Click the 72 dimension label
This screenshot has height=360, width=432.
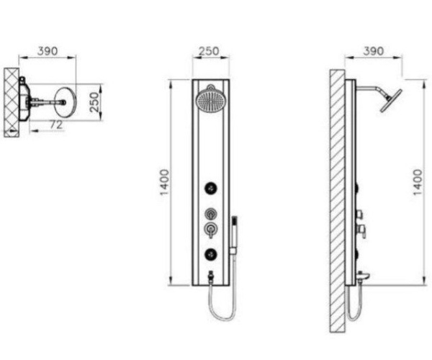coord(56,125)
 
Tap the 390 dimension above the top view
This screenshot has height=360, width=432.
coord(48,51)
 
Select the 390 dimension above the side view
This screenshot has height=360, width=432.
coord(373,51)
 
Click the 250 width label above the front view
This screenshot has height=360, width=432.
coord(209,51)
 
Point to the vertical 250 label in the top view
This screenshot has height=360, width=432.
coord(94,102)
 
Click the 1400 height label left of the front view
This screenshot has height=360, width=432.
coord(164,182)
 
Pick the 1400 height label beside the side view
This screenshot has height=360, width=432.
coord(418,182)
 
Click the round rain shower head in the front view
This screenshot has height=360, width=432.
coord(211,101)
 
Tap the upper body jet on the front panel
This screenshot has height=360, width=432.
coord(210,189)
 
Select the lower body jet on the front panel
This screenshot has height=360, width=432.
coord(210,254)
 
